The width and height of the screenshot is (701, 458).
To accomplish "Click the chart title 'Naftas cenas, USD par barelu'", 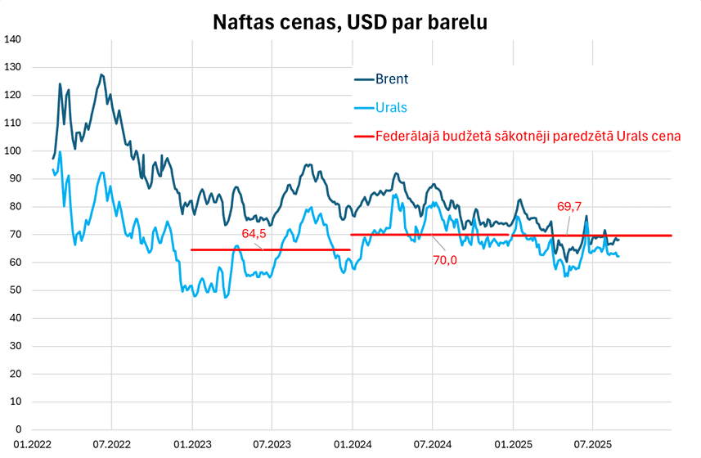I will pyautogui.click(x=350, y=21).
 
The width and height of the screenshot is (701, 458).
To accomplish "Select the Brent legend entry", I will pyautogui.click(x=392, y=79).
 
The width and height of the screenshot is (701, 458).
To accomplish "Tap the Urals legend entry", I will pyautogui.click(x=391, y=108).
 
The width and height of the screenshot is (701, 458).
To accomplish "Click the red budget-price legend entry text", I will pyautogui.click(x=528, y=136).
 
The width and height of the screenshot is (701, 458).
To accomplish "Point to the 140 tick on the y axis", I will pyautogui.click(x=13, y=39).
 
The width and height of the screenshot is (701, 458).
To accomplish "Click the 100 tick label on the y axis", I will pyautogui.click(x=13, y=150).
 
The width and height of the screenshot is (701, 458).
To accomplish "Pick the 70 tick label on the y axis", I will pyautogui.click(x=16, y=235).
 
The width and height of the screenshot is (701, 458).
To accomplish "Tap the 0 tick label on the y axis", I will pyautogui.click(x=18, y=429).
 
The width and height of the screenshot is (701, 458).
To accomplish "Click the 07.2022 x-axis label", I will pyautogui.click(x=112, y=445).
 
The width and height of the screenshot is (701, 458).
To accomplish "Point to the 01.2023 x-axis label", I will pyautogui.click(x=191, y=445).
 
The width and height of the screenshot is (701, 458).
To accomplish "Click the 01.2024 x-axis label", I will pyautogui.click(x=352, y=445).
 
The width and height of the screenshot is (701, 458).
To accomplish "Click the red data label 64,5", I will pyautogui.click(x=254, y=234).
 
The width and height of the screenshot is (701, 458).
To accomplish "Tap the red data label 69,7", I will pyautogui.click(x=570, y=207).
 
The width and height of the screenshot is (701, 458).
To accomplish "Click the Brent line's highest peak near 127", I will pyautogui.click(x=101, y=75).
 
